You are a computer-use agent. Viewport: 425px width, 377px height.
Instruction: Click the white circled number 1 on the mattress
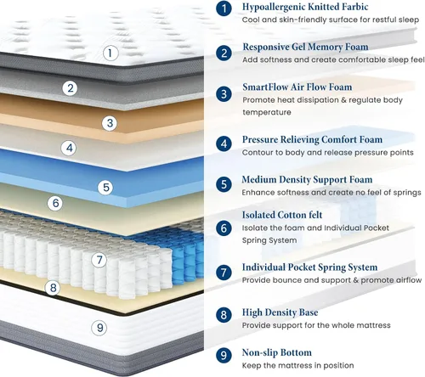110,53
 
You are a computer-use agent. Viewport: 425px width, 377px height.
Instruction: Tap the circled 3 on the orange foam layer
110,123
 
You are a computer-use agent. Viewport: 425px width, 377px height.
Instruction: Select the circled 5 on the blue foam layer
105,187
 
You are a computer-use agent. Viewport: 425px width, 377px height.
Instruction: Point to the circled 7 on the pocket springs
99,260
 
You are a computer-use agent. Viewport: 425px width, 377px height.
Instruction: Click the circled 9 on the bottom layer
99,328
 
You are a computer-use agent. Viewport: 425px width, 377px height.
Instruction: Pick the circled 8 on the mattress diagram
53,288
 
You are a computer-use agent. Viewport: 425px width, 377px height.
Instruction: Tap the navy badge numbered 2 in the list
224,53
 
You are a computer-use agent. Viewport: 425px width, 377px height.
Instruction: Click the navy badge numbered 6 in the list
224,228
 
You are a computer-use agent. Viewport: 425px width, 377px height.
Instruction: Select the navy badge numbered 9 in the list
224,355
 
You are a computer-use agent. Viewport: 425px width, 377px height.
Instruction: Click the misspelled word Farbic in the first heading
354,7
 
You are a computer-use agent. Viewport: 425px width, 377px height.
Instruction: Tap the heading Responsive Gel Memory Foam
305,47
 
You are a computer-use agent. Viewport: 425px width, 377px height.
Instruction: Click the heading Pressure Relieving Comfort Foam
312,139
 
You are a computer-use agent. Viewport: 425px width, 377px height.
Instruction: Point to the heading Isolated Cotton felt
282,215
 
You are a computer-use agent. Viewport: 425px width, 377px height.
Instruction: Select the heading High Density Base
280,312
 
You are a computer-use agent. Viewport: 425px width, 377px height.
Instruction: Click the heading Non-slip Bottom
277,352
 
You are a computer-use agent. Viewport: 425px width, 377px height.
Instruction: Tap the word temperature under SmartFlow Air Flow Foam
267,112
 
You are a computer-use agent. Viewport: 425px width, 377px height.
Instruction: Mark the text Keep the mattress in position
297,366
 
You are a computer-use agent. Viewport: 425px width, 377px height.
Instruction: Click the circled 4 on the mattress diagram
69,148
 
